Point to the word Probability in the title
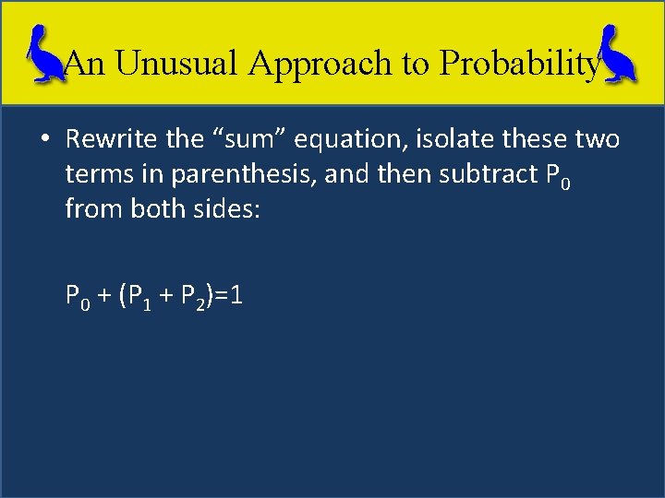[x=520, y=63]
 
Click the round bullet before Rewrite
[x=43, y=141]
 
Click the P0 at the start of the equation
[x=78, y=297]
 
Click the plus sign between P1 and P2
[x=169, y=297]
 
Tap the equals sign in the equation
[x=224, y=297]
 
